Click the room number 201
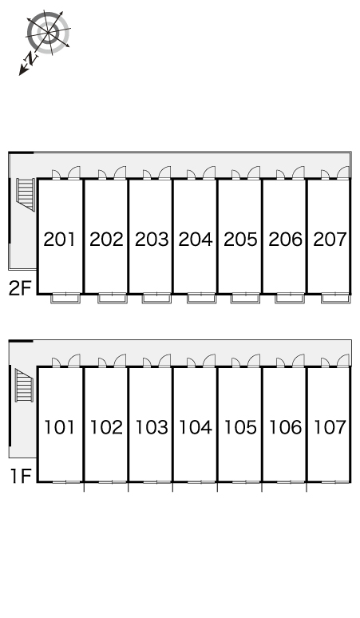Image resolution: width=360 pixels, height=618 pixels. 59,240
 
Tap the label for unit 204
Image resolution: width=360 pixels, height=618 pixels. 196,240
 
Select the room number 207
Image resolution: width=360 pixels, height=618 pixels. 330,240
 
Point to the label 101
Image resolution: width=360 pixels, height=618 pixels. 59,427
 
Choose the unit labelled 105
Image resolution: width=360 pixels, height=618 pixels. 240,427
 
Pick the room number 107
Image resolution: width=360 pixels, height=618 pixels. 330,427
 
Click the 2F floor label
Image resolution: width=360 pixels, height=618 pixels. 20,288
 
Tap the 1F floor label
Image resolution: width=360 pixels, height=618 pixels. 21,476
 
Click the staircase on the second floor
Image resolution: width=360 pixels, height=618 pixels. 26,194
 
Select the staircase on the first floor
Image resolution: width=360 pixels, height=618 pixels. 25,385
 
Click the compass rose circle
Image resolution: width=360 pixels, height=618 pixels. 48,31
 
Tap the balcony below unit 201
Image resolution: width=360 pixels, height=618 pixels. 65,299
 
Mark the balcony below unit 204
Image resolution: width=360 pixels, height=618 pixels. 202,299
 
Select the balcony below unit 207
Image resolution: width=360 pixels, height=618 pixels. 335,299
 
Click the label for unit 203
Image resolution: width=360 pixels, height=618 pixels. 152,240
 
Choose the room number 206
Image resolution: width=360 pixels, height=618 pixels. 286,240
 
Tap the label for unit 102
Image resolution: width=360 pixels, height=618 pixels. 106,427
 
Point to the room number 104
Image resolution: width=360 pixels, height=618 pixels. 196,427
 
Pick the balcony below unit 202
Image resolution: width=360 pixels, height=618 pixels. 113,299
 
